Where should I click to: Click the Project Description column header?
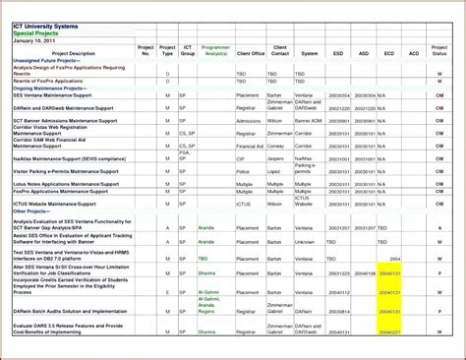[74, 53]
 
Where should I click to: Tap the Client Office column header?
[251, 53]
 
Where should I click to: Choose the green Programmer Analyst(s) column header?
[215, 50]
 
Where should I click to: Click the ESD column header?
[338, 53]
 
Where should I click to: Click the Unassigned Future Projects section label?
[49, 60]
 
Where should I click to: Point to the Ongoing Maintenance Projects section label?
[52, 88]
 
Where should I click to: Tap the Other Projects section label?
[31, 210]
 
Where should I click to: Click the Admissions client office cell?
[249, 120]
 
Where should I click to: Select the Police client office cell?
[245, 170]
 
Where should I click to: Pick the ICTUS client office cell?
[246, 204]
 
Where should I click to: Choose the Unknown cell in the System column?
[306, 241]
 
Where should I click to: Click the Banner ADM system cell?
[310, 120]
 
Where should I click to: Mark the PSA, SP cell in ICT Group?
[184, 154]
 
